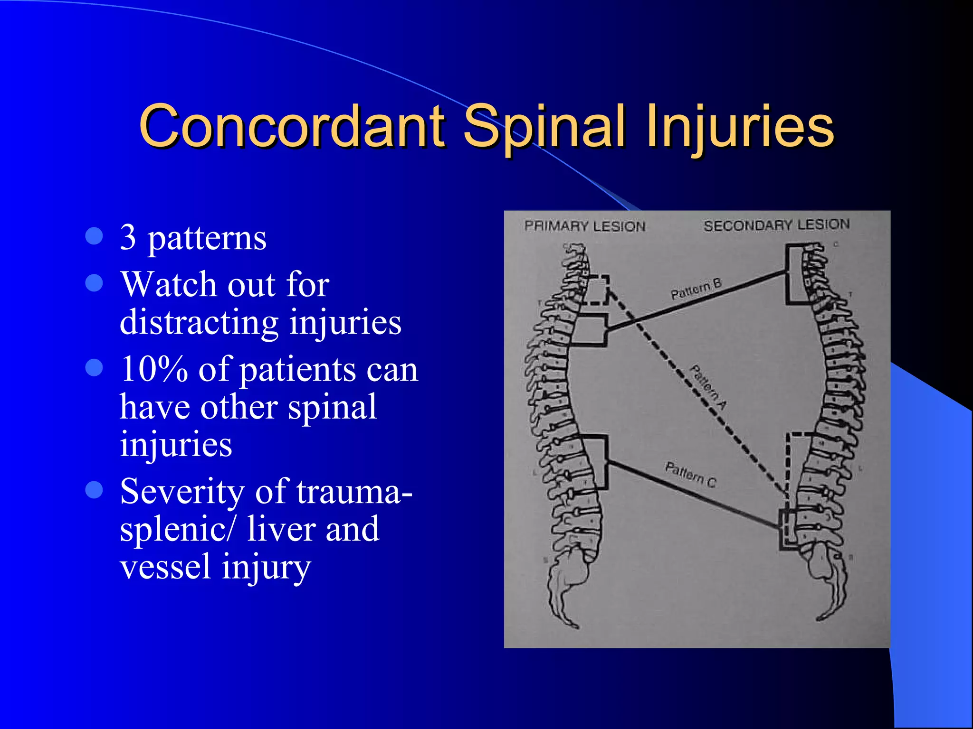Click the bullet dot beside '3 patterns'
tap(94, 236)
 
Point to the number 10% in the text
tap(154, 369)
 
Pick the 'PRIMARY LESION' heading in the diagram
tap(584, 226)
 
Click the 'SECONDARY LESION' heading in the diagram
tap(776, 225)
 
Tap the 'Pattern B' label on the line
tap(696, 289)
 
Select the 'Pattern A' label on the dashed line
tap(708, 387)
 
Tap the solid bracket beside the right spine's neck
tap(793, 274)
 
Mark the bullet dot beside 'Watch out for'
tap(94, 283)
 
